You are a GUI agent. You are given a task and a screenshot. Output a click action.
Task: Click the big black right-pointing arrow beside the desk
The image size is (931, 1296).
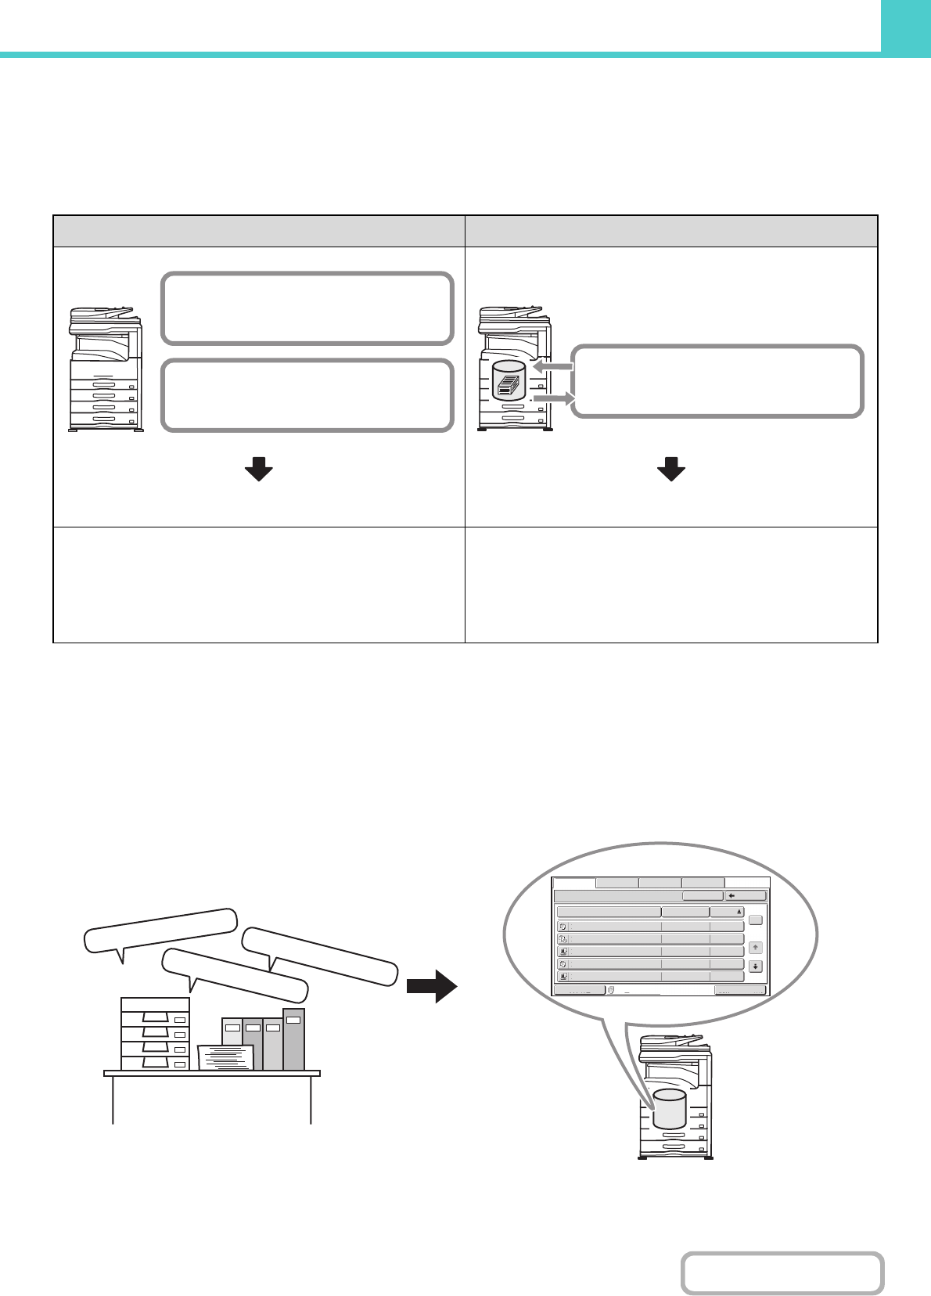(432, 986)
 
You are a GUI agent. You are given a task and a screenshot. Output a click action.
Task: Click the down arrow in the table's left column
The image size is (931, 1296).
(258, 470)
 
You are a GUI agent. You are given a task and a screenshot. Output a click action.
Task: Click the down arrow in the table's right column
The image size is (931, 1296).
(670, 470)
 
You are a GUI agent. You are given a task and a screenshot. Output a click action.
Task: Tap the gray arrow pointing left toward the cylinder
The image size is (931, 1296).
(552, 366)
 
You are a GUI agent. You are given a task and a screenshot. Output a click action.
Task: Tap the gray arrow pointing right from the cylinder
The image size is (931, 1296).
(554, 400)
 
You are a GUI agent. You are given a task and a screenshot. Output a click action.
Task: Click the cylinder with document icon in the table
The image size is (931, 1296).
(508, 381)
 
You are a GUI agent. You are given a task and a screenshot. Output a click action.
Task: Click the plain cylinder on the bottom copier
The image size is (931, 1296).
(669, 1107)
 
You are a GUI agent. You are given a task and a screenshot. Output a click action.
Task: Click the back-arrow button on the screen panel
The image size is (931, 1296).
(745, 896)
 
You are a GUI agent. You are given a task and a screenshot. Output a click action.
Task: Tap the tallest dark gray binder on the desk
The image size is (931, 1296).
(293, 1039)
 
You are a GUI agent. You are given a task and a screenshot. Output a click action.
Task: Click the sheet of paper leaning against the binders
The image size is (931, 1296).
(226, 1057)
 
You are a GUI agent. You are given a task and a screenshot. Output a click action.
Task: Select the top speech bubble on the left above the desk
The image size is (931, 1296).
(160, 930)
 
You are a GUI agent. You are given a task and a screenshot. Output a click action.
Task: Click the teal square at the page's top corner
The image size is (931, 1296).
(905, 26)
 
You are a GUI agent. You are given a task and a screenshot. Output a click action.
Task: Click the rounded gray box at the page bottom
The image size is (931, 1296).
(782, 1273)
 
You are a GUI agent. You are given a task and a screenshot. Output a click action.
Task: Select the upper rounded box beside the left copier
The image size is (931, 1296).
(307, 308)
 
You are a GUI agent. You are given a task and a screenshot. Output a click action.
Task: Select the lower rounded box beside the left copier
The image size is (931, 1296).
(307, 395)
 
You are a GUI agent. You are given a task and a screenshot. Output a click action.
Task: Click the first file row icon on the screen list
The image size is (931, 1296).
(563, 926)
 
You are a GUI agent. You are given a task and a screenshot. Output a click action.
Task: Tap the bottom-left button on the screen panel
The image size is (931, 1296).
(579, 990)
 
